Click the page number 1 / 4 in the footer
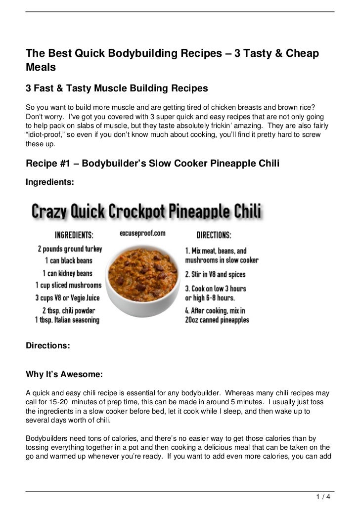tap(324, 496)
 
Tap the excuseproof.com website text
tap(142, 233)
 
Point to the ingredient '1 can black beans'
tap(68, 260)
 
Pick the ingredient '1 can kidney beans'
tap(68, 273)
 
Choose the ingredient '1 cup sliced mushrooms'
tap(68, 285)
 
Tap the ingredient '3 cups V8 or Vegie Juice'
tap(68, 297)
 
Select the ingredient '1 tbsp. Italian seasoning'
tap(67, 320)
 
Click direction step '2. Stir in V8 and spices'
tap(215, 274)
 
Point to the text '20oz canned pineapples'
tap(217, 320)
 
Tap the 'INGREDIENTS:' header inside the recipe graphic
tap(74, 234)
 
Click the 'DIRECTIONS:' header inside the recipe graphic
tap(214, 234)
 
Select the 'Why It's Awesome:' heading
tap(64, 376)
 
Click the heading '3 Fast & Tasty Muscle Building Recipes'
tap(117, 88)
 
